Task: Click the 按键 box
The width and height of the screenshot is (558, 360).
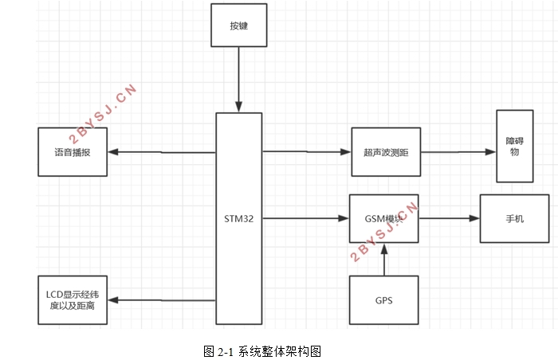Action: click(238, 25)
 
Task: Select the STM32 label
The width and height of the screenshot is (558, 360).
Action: click(238, 218)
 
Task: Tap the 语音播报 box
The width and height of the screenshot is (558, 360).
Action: click(72, 151)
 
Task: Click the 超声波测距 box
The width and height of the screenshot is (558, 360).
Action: click(385, 151)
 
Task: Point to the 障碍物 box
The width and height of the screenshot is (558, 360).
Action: click(514, 146)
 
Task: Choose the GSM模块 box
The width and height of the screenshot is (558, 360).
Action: click(384, 218)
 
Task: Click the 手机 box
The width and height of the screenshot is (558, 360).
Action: click(514, 218)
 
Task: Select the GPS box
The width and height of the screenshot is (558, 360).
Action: click(384, 301)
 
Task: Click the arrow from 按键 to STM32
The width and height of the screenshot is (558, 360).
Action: click(238, 79)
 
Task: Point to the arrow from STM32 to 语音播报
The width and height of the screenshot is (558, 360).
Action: click(160, 152)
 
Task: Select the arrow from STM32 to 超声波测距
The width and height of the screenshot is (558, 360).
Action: click(306, 151)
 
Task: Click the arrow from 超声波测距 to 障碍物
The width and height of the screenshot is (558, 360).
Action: click(458, 151)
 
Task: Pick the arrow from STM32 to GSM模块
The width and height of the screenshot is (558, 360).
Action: click(306, 218)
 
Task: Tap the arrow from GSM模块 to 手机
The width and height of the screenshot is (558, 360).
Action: click(449, 218)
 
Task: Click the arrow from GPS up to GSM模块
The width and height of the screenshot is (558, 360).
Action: click(384, 260)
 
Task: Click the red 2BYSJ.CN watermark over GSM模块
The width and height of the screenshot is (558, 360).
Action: click(385, 231)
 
